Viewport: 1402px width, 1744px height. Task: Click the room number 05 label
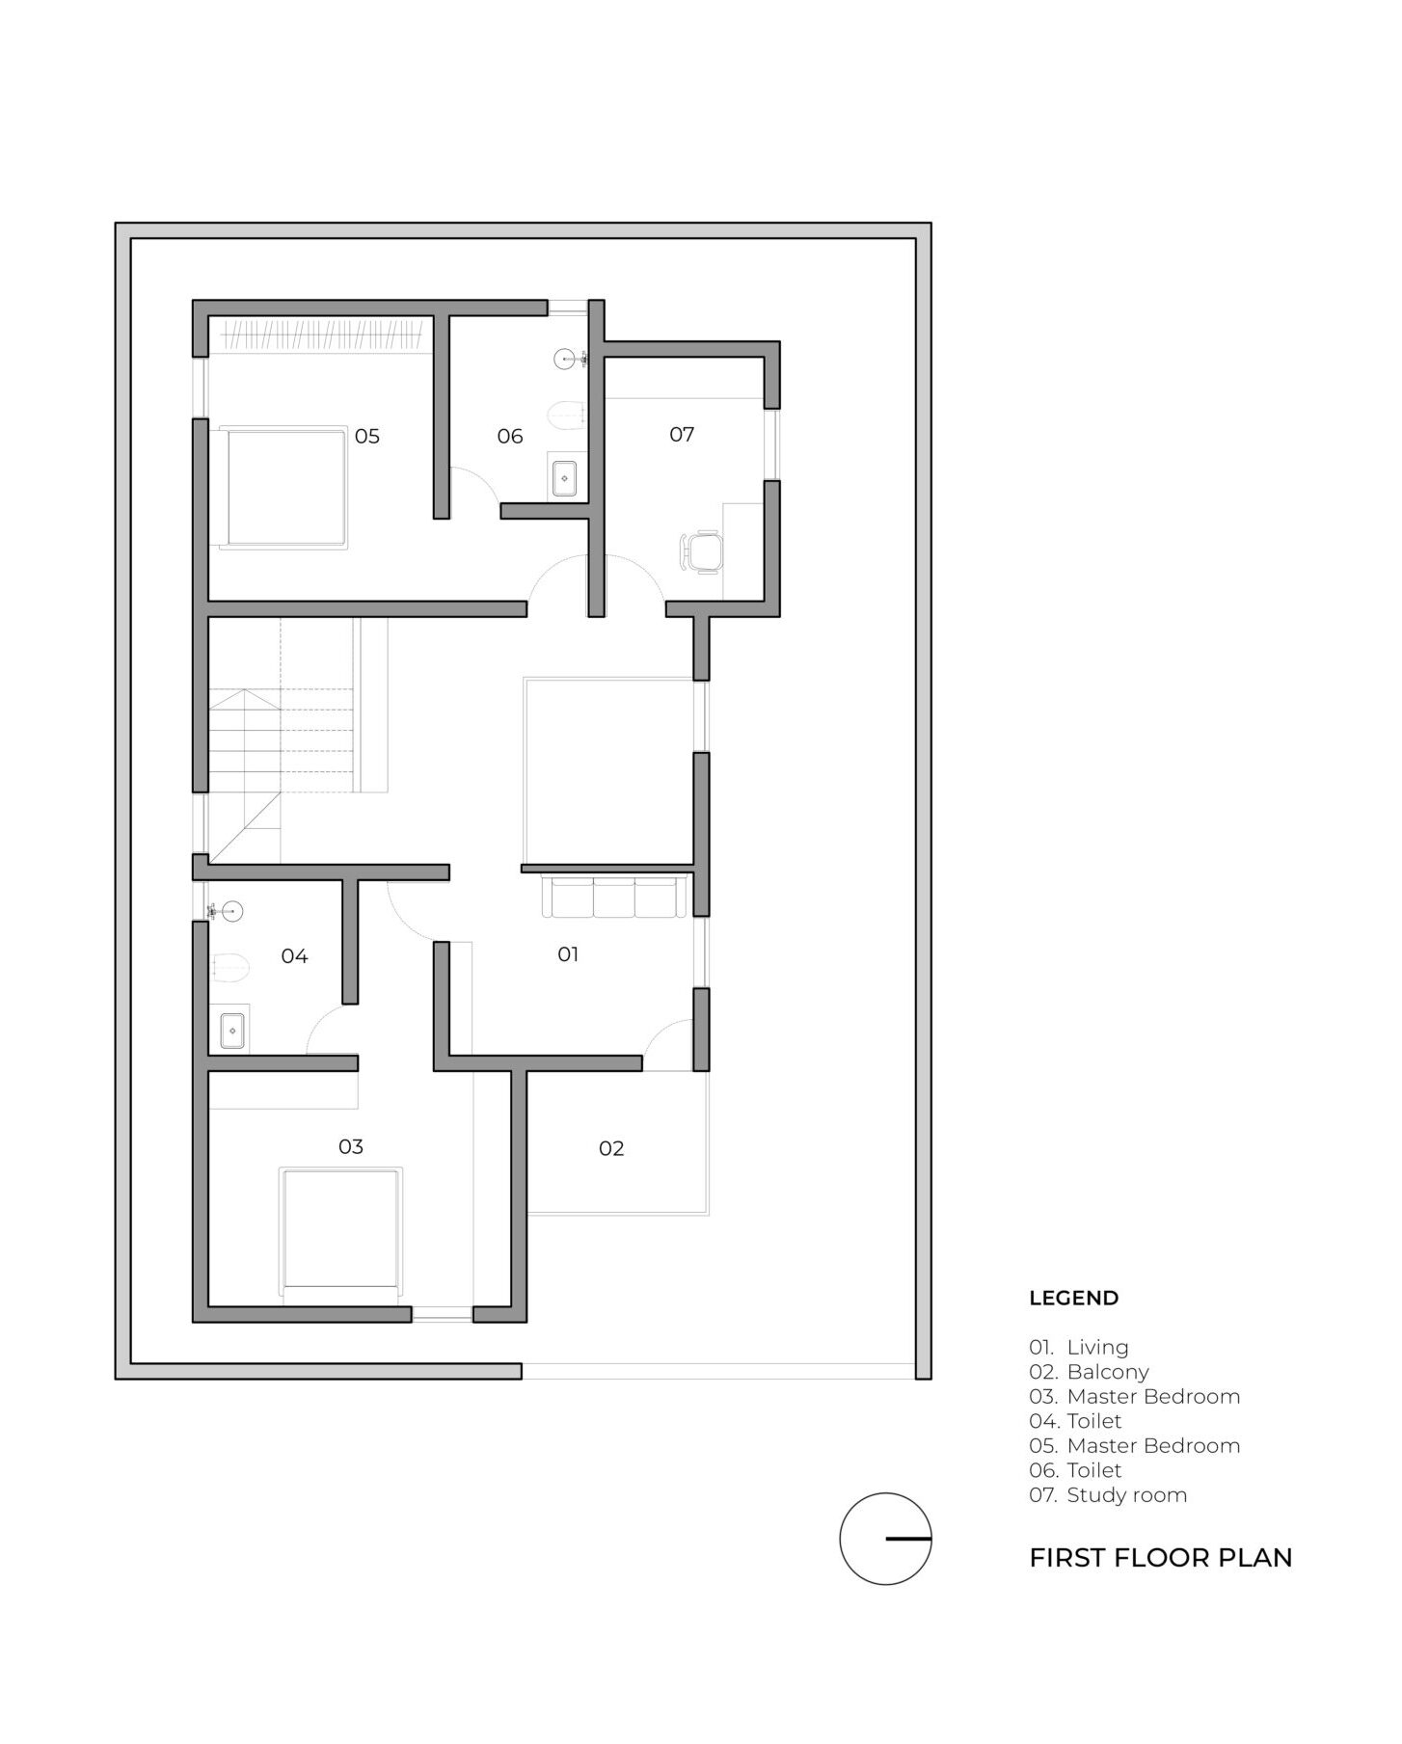click(x=366, y=436)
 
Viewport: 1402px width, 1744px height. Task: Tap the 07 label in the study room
click(x=682, y=435)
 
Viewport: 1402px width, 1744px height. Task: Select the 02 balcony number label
click(x=611, y=1148)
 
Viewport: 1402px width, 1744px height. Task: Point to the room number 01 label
click(x=568, y=954)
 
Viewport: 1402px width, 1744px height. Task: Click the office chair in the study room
click(x=701, y=552)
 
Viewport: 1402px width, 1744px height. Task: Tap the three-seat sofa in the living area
click(x=615, y=896)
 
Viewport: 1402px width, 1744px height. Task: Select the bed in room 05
click(x=283, y=488)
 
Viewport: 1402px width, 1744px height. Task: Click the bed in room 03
click(x=340, y=1235)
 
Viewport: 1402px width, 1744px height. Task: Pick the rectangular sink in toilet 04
click(x=231, y=1031)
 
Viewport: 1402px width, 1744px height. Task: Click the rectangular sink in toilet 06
click(x=564, y=477)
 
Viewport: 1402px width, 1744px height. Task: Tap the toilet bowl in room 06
click(x=567, y=416)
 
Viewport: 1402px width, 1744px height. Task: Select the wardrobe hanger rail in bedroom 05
click(x=323, y=336)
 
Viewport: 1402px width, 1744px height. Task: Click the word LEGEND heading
click(x=1074, y=1298)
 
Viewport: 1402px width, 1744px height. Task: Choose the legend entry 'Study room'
click(x=1126, y=1495)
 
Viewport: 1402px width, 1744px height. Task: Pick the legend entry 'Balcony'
click(x=1108, y=1372)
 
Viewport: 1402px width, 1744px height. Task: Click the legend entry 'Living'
click(x=1097, y=1348)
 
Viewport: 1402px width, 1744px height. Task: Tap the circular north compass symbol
click(x=885, y=1539)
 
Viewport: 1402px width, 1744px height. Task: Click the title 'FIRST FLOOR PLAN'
click(x=1161, y=1558)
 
